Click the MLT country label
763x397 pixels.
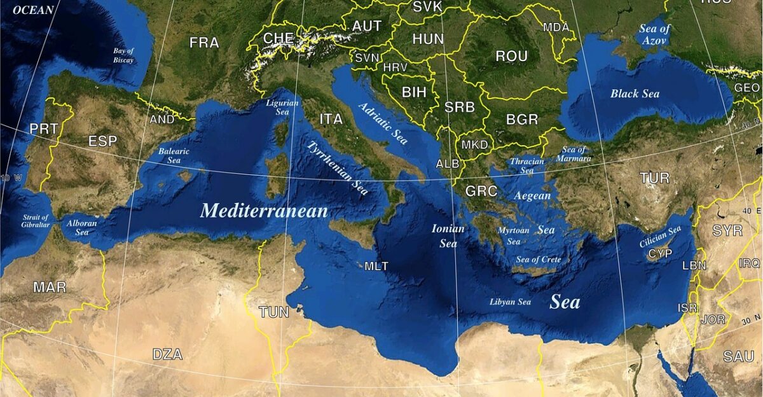376,266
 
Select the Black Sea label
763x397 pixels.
635,94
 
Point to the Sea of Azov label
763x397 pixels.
656,34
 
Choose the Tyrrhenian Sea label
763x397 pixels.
338,168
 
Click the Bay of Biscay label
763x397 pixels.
123,55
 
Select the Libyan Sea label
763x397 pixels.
510,302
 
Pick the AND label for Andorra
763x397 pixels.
162,120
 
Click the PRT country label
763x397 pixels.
43,129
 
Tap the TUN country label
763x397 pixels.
274,312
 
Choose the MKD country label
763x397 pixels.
474,145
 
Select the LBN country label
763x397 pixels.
694,266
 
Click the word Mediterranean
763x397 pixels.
264,211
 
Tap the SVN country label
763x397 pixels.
367,58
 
